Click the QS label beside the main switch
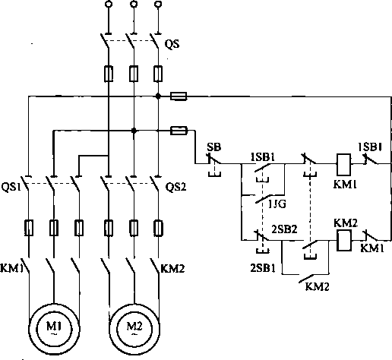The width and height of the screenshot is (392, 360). tap(172, 44)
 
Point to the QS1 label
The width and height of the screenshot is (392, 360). tap(11, 188)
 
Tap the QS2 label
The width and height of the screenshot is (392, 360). tap(175, 187)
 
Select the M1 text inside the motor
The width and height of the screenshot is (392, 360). tap(54, 327)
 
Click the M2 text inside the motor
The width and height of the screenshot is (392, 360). tap(134, 327)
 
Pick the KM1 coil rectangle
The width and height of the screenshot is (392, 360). tap(343, 165)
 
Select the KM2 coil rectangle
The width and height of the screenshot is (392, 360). tap(344, 241)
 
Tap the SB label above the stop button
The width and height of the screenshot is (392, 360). tap(213, 147)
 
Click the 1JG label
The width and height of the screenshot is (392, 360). tap(277, 204)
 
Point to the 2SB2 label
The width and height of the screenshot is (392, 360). tap(284, 229)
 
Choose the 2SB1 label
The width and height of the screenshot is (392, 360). tap(263, 268)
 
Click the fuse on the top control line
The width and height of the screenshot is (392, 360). tap(179, 96)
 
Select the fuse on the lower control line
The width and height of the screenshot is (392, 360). tap(179, 131)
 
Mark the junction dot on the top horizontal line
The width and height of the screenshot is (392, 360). tap(158, 96)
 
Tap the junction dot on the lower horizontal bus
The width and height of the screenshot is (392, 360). tap(134, 131)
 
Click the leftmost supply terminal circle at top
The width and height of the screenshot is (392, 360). tap(109, 4)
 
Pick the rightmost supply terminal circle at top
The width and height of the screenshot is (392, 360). tap(158, 4)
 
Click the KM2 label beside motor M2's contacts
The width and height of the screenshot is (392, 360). tap(173, 269)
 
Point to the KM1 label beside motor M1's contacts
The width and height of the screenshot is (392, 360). tap(11, 268)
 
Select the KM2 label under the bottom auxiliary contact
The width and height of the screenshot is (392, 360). tap(317, 286)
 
